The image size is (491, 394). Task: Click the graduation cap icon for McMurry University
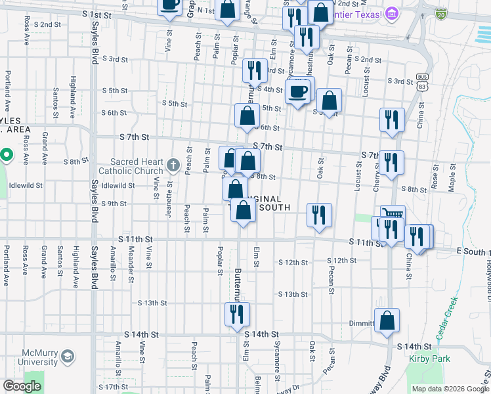click(x=67, y=357)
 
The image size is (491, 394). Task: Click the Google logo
click(x=22, y=386)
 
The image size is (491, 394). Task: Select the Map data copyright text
click(x=450, y=389)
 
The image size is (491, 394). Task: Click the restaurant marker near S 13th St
click(x=236, y=315)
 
